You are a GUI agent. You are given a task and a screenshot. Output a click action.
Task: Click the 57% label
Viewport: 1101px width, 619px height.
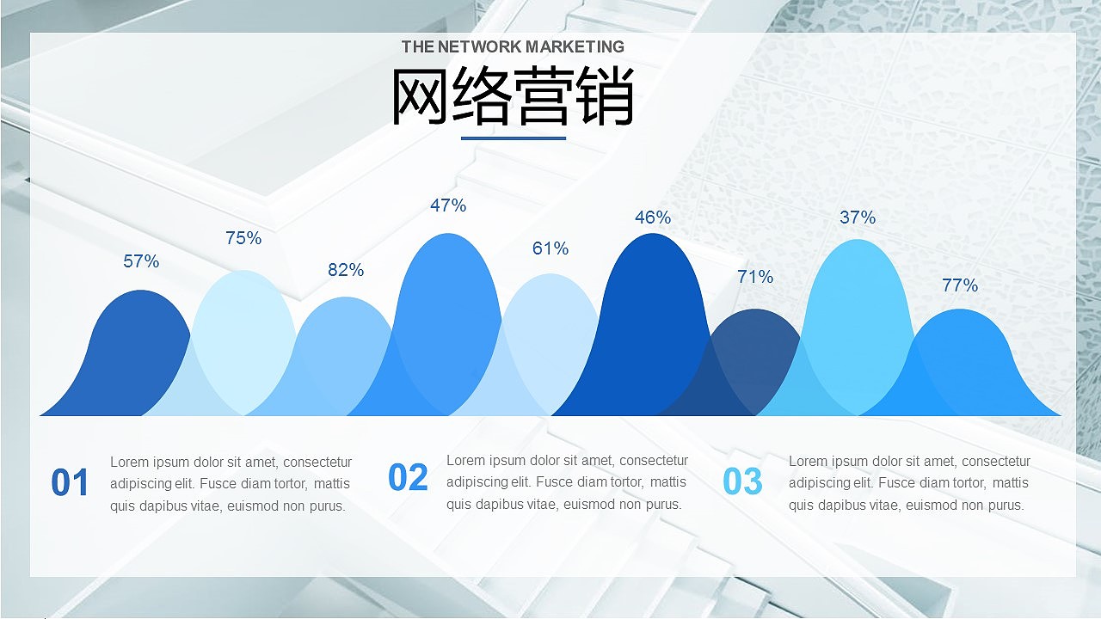(x=141, y=261)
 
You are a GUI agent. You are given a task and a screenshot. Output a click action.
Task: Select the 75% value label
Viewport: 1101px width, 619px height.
(x=243, y=238)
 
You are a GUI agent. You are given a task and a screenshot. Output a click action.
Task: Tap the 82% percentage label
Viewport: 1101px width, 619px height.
(x=346, y=270)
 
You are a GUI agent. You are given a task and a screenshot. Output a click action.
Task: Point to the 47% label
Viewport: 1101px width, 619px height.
(x=448, y=205)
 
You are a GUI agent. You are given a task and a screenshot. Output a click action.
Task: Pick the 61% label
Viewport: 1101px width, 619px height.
(x=550, y=248)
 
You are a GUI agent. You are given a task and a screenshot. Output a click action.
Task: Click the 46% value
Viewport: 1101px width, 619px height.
(x=653, y=218)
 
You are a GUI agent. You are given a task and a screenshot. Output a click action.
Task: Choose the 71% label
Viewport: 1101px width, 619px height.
(x=755, y=277)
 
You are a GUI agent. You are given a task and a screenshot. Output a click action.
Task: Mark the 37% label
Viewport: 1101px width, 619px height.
(x=858, y=218)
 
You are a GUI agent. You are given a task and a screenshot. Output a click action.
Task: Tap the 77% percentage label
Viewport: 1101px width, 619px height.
(x=960, y=285)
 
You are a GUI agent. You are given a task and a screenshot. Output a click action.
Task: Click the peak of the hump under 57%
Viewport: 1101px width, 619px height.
(x=140, y=293)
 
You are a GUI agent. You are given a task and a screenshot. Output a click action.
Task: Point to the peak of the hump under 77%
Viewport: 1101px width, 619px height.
(x=959, y=312)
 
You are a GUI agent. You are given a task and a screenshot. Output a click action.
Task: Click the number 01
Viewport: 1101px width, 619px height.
(x=70, y=483)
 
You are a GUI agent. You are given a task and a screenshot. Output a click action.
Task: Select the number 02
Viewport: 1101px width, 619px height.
(x=408, y=478)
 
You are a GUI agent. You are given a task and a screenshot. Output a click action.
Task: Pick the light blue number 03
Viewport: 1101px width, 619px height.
(x=742, y=482)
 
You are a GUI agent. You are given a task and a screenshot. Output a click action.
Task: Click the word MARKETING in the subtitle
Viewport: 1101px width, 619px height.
(x=575, y=46)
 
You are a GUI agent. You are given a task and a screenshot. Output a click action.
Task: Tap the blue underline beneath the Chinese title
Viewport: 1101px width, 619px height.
(x=514, y=138)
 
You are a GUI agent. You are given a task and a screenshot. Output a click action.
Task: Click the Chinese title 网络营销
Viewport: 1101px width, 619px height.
(x=513, y=96)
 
